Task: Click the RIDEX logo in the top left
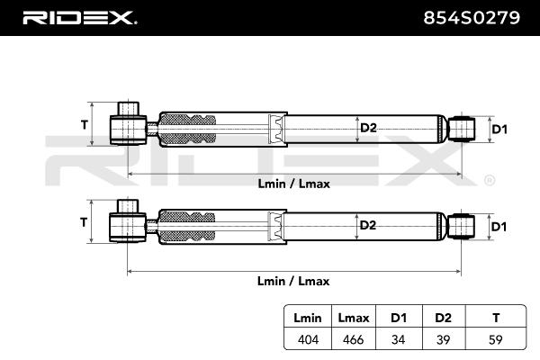coord(78,17)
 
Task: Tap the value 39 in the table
coord(442,339)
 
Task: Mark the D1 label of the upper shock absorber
coord(500,130)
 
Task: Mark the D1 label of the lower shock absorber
coord(500,225)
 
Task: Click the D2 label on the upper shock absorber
coord(367,128)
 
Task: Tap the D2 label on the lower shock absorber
coord(367,224)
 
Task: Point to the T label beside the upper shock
coord(85,124)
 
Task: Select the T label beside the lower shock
coord(85,220)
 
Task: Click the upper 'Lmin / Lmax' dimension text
coord(293,184)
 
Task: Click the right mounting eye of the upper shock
coord(463,128)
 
